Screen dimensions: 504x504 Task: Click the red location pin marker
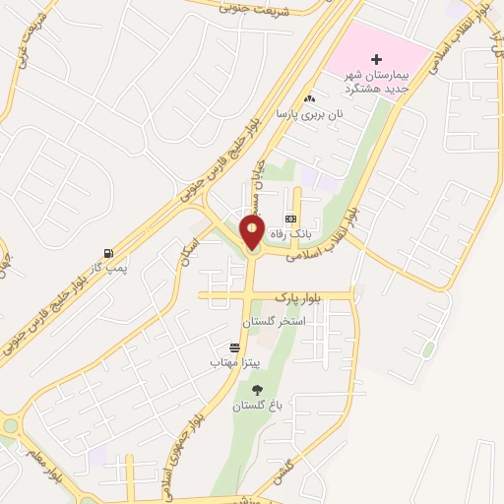coord(252,232)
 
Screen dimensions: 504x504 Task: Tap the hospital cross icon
coord(376,60)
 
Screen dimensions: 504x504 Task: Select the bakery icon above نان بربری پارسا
coord(310,98)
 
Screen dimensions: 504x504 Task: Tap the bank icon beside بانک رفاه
coord(290,219)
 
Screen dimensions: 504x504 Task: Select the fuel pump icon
coord(107,252)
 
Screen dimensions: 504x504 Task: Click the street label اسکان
coord(188,253)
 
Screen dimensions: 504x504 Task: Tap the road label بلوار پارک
coord(278,294)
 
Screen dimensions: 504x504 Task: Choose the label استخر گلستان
coord(275,322)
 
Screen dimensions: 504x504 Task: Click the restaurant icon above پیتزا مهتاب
coord(234,347)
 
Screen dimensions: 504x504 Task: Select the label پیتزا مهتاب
coord(234,363)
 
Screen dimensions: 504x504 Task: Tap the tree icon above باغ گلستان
coord(258,390)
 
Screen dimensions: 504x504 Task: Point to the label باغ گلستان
coord(256,406)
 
